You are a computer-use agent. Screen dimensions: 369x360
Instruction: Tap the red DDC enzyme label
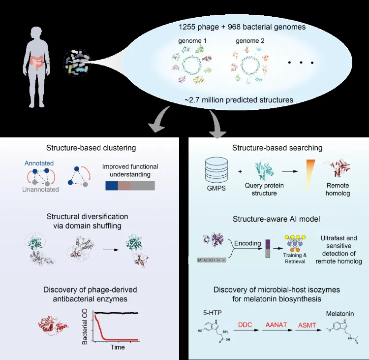(x=245, y=325)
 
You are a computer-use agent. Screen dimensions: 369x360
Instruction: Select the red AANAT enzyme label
(x=276, y=325)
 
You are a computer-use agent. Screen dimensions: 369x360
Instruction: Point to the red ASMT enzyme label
(x=307, y=326)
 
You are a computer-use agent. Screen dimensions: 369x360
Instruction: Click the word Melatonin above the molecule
(x=340, y=314)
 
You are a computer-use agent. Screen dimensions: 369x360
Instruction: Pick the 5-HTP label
(x=212, y=313)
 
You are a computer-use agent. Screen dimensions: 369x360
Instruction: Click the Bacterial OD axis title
(x=85, y=327)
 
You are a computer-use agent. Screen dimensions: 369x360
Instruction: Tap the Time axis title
(x=118, y=347)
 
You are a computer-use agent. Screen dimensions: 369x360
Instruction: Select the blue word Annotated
(x=39, y=163)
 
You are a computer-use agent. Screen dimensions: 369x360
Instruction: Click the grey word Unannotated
(x=40, y=190)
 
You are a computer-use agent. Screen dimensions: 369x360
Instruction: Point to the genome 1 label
(x=192, y=41)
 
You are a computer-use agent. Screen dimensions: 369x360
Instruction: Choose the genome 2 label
(x=250, y=41)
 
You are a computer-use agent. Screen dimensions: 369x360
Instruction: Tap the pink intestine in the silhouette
(x=38, y=63)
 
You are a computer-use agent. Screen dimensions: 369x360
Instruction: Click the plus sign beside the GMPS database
(x=240, y=171)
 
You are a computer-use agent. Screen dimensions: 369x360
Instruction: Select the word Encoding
(x=247, y=243)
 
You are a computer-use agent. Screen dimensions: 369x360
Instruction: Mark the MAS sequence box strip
(x=212, y=260)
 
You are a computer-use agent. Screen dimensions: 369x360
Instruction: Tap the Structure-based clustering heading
(x=91, y=148)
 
